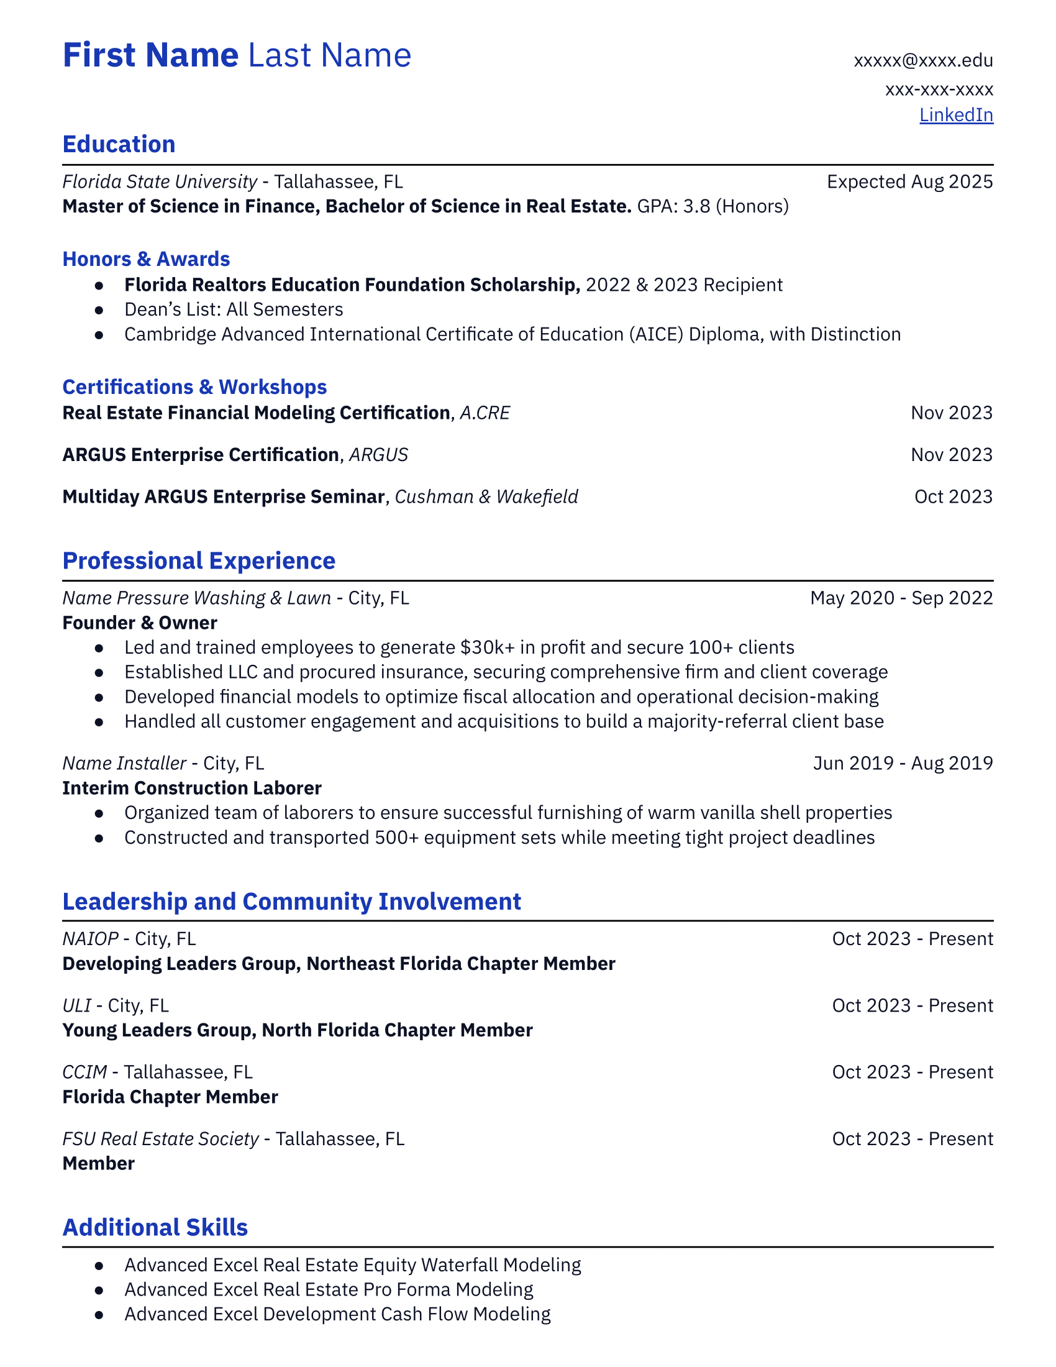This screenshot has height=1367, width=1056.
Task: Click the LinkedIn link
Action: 955,115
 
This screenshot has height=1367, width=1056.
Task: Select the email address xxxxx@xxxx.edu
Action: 922,61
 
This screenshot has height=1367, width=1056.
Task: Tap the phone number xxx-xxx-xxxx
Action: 939,89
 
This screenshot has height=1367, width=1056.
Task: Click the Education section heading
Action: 119,145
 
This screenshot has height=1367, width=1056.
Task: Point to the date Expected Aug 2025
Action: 909,181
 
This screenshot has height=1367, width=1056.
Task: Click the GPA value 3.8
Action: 696,206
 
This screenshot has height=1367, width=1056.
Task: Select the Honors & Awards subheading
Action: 146,259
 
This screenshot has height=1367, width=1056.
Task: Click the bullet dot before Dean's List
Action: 99,310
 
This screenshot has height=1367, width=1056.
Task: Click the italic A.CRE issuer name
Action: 485,413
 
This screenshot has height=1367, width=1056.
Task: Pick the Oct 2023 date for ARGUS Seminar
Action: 953,497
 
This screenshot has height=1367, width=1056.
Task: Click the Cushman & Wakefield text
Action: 486,497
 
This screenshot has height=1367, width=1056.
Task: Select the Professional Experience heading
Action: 198,561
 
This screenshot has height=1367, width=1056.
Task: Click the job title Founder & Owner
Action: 140,623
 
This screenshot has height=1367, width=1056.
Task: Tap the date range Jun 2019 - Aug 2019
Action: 902,763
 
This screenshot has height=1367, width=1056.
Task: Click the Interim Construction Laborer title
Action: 191,788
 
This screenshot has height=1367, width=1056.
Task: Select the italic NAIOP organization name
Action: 90,939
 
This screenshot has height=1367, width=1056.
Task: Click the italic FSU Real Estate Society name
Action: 160,1138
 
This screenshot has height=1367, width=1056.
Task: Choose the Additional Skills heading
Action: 155,1227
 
